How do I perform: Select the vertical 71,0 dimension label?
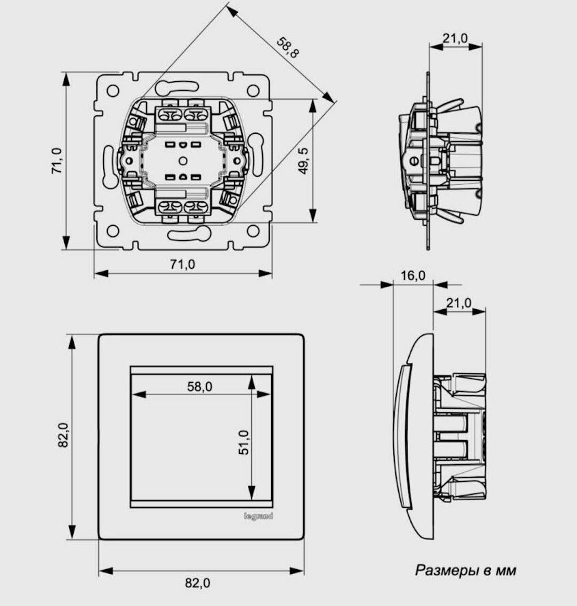pyautogui.click(x=57, y=161)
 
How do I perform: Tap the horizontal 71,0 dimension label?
pyautogui.click(x=182, y=265)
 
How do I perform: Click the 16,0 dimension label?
pyautogui.click(x=412, y=276)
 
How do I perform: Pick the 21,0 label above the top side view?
pyautogui.click(x=455, y=39)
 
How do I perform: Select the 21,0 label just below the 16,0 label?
pyautogui.click(x=459, y=302)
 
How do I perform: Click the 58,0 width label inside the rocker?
pyautogui.click(x=199, y=386)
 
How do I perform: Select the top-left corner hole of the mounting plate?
pyautogui.click(x=109, y=88)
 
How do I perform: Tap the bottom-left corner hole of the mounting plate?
pyautogui.click(x=109, y=233)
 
